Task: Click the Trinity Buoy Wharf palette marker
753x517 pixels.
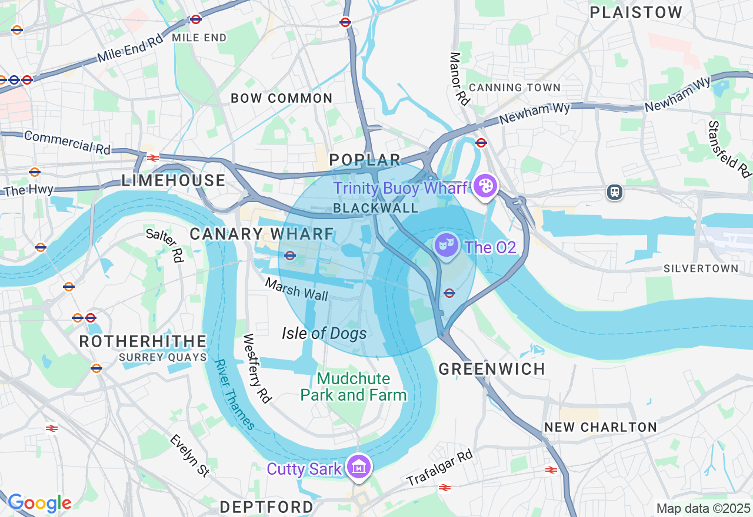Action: [485, 187]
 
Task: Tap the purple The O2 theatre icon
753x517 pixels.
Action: [447, 243]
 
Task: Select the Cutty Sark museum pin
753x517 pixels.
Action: [359, 467]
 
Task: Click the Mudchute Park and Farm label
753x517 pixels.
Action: [354, 387]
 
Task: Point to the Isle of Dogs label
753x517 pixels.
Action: [324, 334]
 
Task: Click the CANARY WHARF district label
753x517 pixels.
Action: [262, 234]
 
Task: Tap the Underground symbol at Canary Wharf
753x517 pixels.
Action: [289, 256]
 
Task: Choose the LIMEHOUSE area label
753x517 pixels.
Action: [174, 181]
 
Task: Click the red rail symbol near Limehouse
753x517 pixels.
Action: [153, 157]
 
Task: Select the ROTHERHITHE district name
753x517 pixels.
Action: [143, 341]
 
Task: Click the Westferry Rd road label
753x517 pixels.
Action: [257, 369]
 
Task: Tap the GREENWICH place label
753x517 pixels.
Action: [492, 369]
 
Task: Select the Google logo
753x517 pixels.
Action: [39, 503]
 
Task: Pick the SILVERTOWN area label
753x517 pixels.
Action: [701, 268]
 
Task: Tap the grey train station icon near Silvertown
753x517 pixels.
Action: [615, 192]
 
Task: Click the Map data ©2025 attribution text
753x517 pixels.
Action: [703, 508]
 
